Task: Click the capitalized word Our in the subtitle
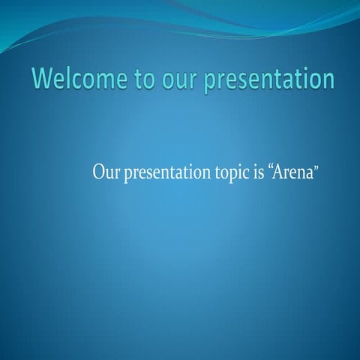[103, 172]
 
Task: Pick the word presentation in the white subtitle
[161, 173]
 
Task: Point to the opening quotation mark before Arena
[271, 167]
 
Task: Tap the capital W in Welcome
[43, 79]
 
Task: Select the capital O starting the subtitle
[98, 172]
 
